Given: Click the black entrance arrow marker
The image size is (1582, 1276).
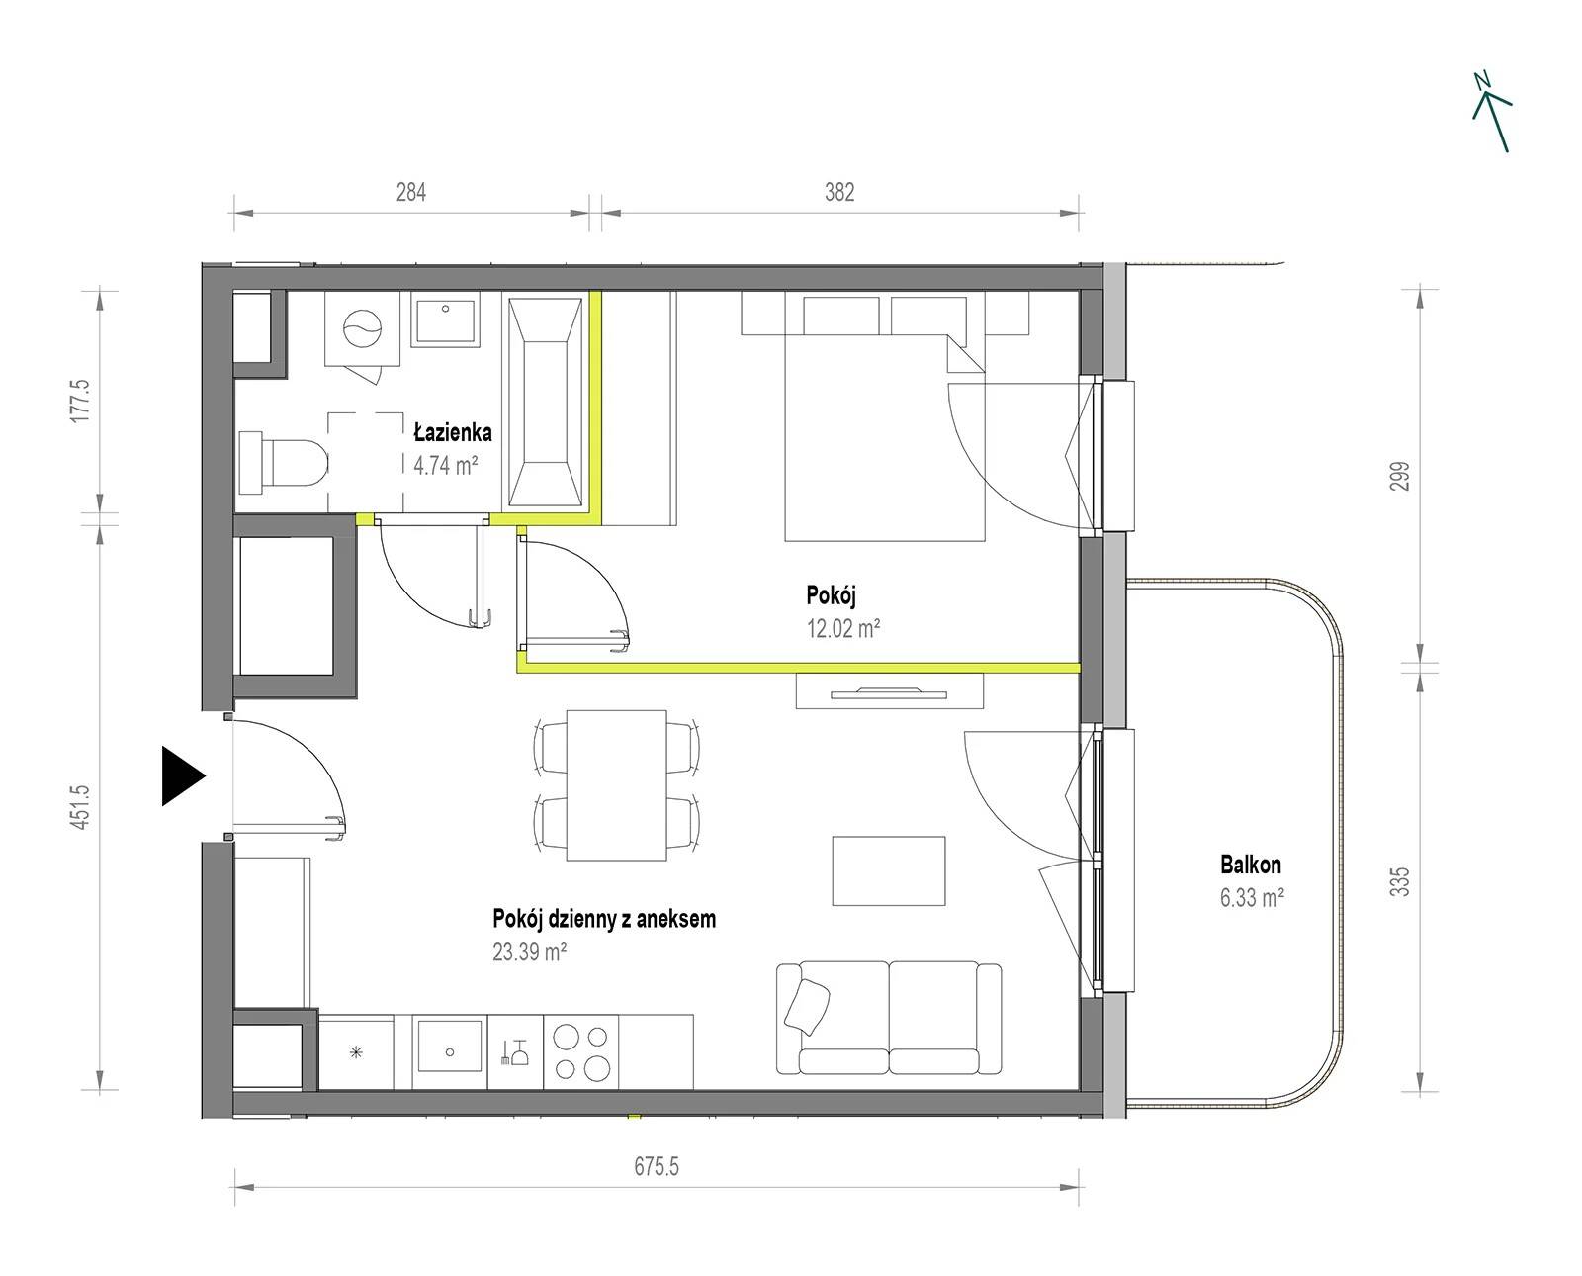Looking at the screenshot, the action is [x=182, y=775].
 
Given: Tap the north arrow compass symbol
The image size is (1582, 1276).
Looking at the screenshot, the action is [x=1492, y=113].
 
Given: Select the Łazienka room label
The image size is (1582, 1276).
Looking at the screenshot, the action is [x=453, y=431].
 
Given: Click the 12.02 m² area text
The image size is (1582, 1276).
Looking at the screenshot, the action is [x=843, y=628].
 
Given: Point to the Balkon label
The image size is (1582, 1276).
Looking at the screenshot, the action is [x=1251, y=865].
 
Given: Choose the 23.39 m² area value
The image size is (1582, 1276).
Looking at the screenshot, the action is [x=529, y=952].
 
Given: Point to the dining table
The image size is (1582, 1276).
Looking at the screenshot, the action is [x=617, y=784].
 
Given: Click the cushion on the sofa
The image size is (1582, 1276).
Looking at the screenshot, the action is [x=807, y=1007].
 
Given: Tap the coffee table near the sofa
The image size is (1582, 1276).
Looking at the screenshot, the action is [x=888, y=870].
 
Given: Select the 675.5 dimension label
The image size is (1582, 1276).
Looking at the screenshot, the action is [x=657, y=1166].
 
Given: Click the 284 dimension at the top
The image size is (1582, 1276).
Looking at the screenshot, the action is [x=411, y=192].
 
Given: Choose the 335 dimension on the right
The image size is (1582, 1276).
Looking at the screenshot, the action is [x=1400, y=881].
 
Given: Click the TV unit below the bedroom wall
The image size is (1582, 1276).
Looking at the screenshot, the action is [x=890, y=691].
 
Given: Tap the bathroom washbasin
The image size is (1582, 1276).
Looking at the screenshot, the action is [x=446, y=319].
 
